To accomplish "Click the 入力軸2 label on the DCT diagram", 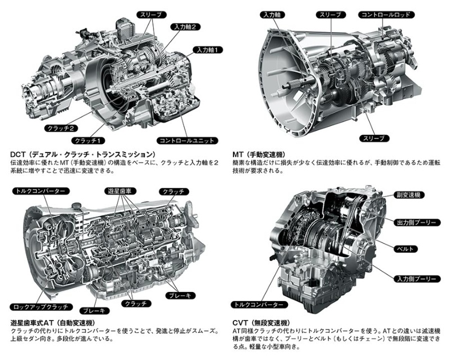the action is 185,27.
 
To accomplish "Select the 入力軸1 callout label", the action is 208,50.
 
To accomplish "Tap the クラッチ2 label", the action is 61,128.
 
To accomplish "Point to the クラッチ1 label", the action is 88,141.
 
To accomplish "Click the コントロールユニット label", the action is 187,141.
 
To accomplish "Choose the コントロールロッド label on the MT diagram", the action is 386,15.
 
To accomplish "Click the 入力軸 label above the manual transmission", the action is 272,15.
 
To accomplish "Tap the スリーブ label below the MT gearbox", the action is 374,138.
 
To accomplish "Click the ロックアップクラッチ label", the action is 41,307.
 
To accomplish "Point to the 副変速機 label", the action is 409,195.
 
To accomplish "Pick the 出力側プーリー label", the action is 416,223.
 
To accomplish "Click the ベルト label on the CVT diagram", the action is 405,249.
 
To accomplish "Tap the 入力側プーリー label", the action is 416,279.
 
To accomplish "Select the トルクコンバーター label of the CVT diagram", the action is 259,304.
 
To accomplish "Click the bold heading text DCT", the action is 18,155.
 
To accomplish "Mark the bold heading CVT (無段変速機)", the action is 262,323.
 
